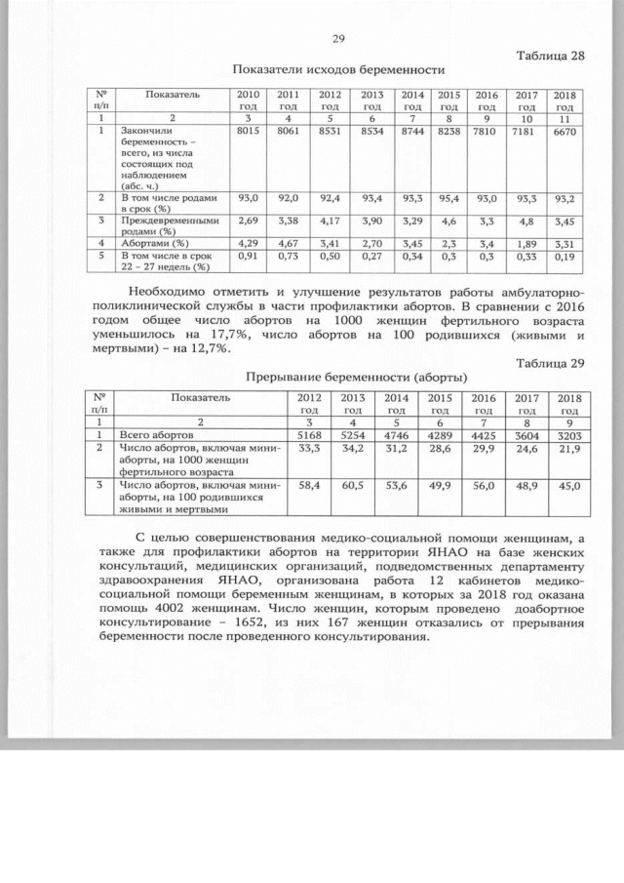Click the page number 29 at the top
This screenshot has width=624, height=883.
339,39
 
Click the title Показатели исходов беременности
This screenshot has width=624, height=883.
339,70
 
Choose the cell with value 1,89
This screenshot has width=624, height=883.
526,242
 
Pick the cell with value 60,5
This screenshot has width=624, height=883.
348,485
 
